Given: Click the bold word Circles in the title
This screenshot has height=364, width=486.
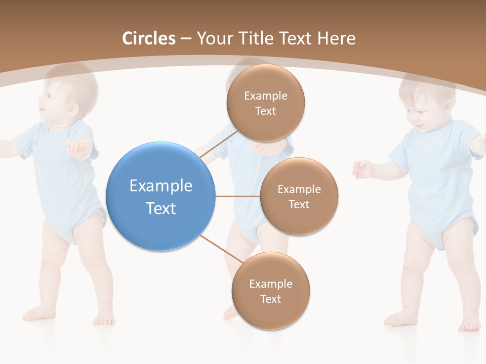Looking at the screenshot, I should [x=149, y=38].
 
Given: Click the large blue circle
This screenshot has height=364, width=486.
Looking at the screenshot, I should [x=160, y=196].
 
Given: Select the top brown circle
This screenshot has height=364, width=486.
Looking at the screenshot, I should [x=265, y=103].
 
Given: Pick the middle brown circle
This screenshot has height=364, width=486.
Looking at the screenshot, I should [x=299, y=196].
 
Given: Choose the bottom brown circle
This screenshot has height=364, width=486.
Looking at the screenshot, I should [x=270, y=291].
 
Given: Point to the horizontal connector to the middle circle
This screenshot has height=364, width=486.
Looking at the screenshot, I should [x=237, y=196].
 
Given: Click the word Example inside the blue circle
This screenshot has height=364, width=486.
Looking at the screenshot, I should [x=160, y=186].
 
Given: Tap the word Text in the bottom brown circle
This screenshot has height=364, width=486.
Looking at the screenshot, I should [x=270, y=299].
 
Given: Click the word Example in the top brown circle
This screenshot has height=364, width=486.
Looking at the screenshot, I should [x=265, y=96].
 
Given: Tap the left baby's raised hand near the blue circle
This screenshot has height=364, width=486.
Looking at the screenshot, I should [x=78, y=148].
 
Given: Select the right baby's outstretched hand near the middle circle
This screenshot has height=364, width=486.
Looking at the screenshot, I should [x=362, y=169].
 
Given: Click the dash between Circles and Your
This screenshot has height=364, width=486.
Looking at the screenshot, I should [x=186, y=39].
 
